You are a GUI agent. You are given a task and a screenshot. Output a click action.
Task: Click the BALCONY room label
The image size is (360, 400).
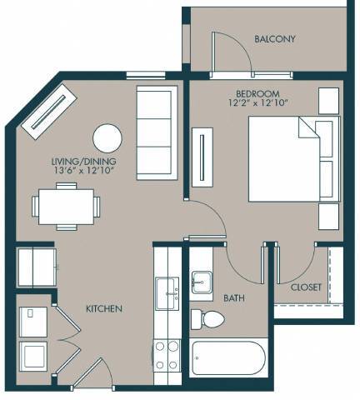275,39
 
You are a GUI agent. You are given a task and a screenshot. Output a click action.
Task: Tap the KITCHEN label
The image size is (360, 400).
104,309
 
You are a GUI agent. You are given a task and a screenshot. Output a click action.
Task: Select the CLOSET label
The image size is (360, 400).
307,287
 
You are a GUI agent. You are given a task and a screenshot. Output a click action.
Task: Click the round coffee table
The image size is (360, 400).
107,138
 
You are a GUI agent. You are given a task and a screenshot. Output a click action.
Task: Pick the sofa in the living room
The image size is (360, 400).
155,126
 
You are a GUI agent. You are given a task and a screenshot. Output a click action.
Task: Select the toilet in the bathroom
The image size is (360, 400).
209,319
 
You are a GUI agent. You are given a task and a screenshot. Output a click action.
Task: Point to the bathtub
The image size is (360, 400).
227,359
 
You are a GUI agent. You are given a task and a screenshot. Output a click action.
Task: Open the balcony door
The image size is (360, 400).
231,52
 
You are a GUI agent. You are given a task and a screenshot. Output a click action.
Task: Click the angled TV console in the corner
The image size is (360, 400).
50,109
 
